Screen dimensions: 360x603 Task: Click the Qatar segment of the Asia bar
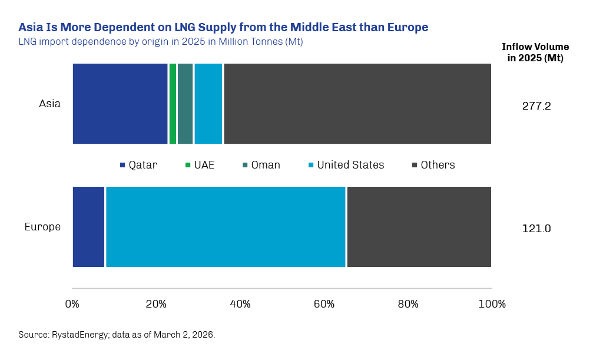120,104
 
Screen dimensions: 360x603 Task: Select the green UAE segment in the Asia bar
173,104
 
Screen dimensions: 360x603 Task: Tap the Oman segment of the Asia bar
185,104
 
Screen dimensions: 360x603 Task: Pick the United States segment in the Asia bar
208,104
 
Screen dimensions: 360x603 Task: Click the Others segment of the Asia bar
357,104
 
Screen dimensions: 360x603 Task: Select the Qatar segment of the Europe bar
88,227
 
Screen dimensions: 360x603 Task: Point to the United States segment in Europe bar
226,227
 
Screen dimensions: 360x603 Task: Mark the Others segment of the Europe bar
419,227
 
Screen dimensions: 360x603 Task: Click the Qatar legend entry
139,165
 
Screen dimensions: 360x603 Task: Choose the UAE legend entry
200,165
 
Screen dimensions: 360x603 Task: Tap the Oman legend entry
261,165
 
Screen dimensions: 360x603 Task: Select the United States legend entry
346,165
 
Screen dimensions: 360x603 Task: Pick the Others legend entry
433,165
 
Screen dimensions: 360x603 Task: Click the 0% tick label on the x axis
72,304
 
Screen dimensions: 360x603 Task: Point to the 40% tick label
240,304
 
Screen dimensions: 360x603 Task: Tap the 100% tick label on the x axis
492,304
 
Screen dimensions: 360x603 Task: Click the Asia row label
49,104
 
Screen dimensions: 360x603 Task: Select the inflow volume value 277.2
536,107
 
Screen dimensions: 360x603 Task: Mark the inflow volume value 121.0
536,229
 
